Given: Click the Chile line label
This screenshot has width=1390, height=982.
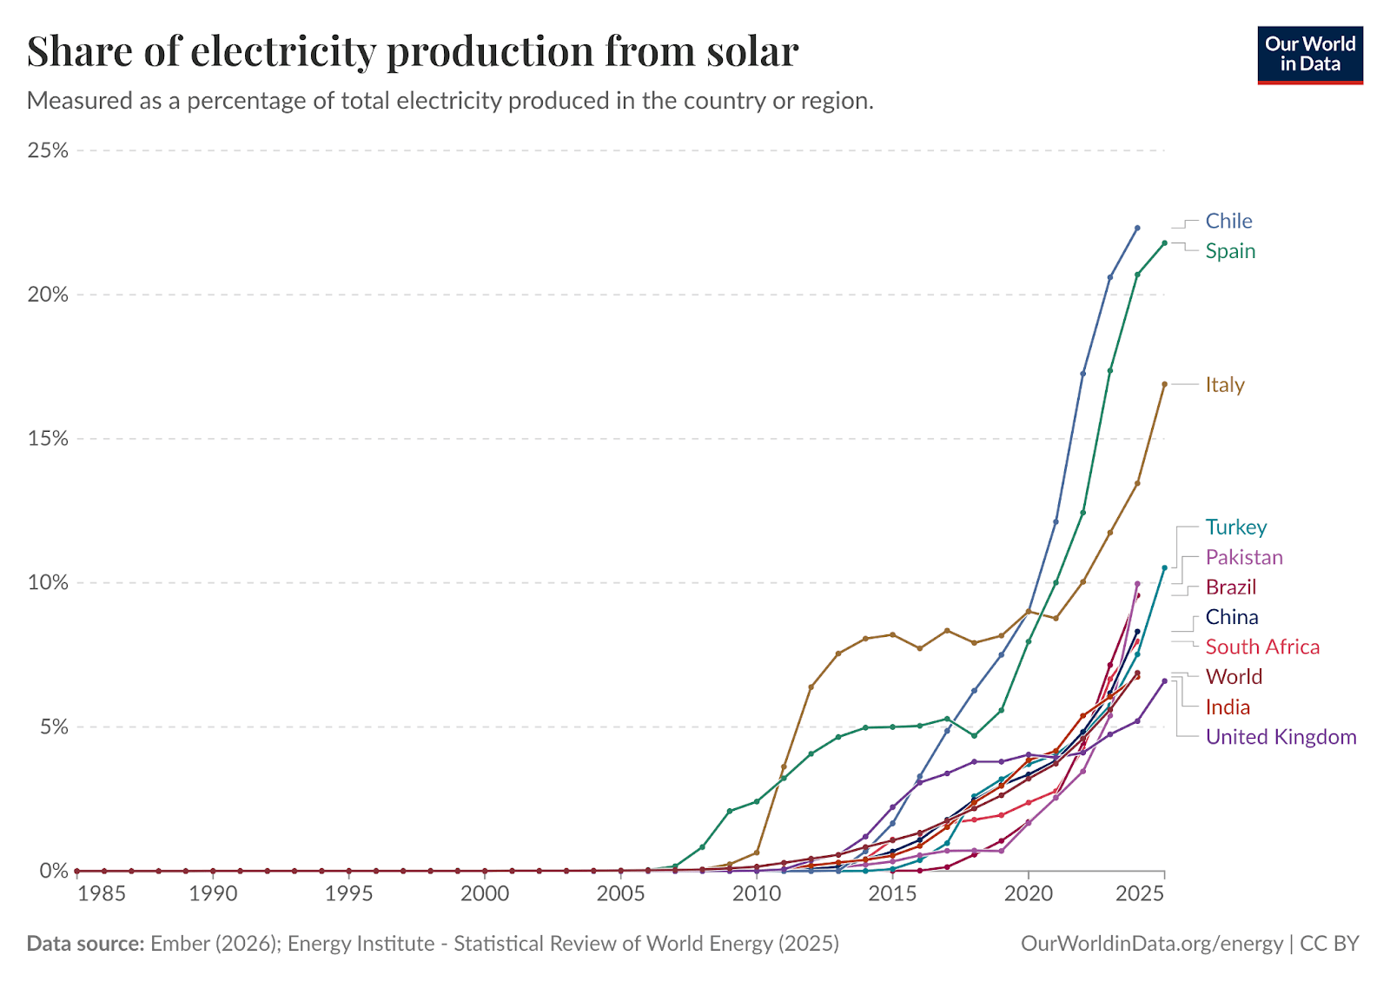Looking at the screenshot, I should [1228, 221].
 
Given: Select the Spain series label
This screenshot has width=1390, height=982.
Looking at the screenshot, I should [1230, 251].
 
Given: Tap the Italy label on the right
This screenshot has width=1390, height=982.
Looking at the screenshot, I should [1224, 385].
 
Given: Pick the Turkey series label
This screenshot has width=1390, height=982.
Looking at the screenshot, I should [1235, 527].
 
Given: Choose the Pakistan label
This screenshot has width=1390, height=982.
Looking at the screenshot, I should [1243, 557].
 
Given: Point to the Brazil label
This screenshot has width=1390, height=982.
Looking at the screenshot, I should [1230, 587].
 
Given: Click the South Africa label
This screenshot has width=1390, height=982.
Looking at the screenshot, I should [1261, 647].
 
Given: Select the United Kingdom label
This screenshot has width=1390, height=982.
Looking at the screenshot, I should [1281, 737].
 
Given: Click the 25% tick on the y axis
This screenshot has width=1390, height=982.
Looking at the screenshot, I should [48, 150].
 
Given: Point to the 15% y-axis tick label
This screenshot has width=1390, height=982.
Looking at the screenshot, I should [48, 439].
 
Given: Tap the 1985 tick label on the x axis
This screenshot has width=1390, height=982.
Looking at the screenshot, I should [102, 893].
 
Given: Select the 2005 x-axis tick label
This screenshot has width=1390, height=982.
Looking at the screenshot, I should [620, 893].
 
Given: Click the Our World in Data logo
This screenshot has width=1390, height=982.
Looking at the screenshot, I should [1309, 54].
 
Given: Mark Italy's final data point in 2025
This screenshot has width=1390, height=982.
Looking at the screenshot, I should [1164, 383].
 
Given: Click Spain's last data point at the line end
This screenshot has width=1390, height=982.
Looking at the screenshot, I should [1164, 243].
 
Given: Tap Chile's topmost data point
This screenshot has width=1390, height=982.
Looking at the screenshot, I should [1137, 228].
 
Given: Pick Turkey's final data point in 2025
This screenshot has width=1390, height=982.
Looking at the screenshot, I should [1164, 567].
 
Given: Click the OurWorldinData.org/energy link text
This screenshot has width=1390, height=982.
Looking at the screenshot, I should [1151, 944].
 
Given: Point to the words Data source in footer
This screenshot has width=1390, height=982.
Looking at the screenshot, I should [85, 944].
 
